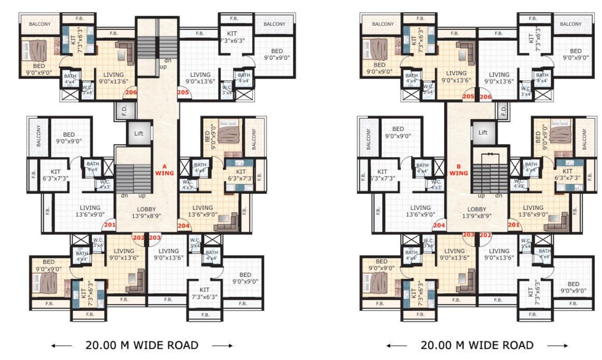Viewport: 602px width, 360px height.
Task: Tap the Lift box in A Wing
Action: coord(139,134)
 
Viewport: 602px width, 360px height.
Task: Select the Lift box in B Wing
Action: coord(483,133)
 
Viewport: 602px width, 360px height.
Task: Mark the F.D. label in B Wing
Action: coord(504,111)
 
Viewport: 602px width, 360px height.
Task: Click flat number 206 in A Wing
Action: coord(131,93)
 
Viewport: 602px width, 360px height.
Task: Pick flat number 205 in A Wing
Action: coord(183,93)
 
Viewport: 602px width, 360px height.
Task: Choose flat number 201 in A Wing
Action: coord(110,225)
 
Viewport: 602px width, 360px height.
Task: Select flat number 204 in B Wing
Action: coord(439,225)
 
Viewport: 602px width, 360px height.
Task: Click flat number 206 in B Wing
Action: coord(486,97)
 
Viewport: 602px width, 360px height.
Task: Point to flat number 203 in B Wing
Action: coord(469,234)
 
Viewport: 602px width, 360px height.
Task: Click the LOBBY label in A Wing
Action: coord(147,209)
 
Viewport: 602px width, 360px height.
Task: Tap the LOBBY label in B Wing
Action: coord(477,209)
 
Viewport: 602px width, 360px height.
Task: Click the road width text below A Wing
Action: coord(142,345)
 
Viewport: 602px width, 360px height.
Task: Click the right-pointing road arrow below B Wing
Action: coord(557,346)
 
